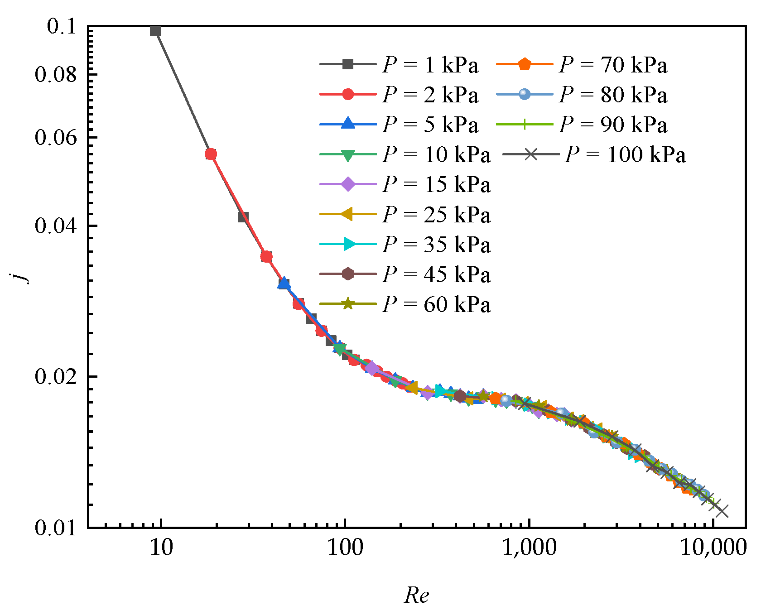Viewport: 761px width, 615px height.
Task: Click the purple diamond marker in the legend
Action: (x=348, y=184)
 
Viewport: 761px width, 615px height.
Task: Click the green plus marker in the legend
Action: (x=525, y=125)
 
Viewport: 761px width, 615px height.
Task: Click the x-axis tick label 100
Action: (x=345, y=548)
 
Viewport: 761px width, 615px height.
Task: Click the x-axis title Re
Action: (x=416, y=595)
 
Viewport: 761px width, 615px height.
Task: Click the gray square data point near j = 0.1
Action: (x=155, y=31)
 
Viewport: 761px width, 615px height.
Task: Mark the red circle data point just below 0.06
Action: (x=211, y=154)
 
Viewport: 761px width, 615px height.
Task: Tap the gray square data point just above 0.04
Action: (x=243, y=217)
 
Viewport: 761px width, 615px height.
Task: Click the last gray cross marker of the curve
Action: (x=722, y=511)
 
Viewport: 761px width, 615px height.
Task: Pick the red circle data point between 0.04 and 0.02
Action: (x=266, y=257)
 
